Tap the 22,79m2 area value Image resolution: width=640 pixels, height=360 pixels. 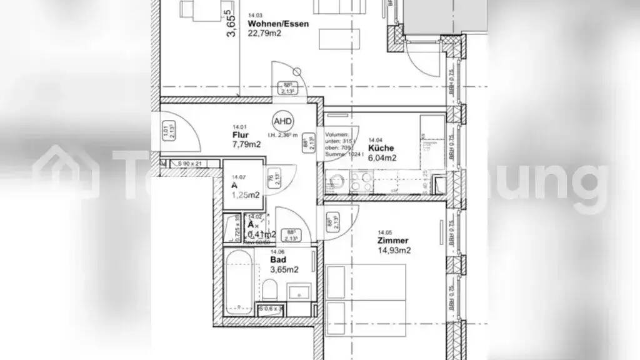point(264,34)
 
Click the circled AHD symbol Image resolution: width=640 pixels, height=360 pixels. point(282,121)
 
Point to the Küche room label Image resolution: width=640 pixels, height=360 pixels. point(381,149)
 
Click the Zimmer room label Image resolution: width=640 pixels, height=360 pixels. point(392,241)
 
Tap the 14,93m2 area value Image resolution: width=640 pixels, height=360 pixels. point(394,251)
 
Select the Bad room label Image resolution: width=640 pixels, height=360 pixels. point(278,260)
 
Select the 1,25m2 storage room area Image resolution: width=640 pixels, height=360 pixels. point(246,195)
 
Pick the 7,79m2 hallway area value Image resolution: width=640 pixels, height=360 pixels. point(246,145)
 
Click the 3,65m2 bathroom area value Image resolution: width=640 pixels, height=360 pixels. point(284,270)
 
